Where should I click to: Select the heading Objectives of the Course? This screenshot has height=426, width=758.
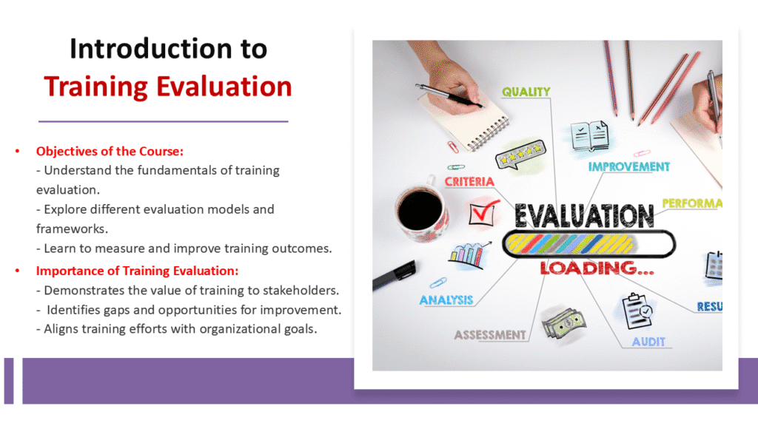coord(110,151)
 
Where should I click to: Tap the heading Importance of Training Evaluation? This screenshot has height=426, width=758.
coord(137,271)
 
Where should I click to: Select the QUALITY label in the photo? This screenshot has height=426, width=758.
coord(526,92)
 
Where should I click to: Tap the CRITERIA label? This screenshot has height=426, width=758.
coord(469,181)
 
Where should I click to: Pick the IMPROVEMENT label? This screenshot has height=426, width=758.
coord(629,167)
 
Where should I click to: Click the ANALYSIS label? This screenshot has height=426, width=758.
coord(446,300)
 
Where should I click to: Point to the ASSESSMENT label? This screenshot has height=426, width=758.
coord(490,335)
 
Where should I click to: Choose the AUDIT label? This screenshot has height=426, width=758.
coord(648,342)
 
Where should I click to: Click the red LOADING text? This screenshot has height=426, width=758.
coord(597,267)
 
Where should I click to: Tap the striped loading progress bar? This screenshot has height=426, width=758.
coord(588,243)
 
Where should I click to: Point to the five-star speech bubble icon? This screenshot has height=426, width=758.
coord(520,156)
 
